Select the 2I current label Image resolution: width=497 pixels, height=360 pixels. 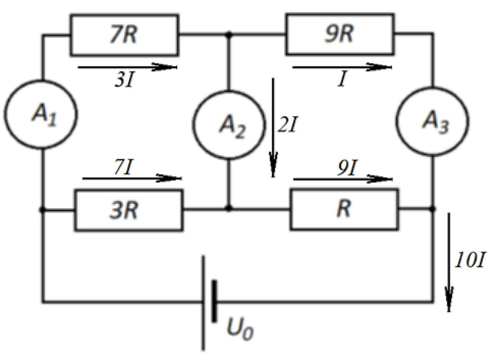(x=287, y=124)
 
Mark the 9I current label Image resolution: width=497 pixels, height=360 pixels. (x=348, y=168)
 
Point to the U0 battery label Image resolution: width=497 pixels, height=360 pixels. (x=240, y=329)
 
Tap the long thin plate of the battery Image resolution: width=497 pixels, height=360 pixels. (x=203, y=304)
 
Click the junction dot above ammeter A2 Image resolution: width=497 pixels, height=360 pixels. (x=229, y=34)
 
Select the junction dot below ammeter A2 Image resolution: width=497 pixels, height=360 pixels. (x=229, y=208)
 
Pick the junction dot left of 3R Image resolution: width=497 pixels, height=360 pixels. (x=42, y=210)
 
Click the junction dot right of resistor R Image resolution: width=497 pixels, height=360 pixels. (x=432, y=209)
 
